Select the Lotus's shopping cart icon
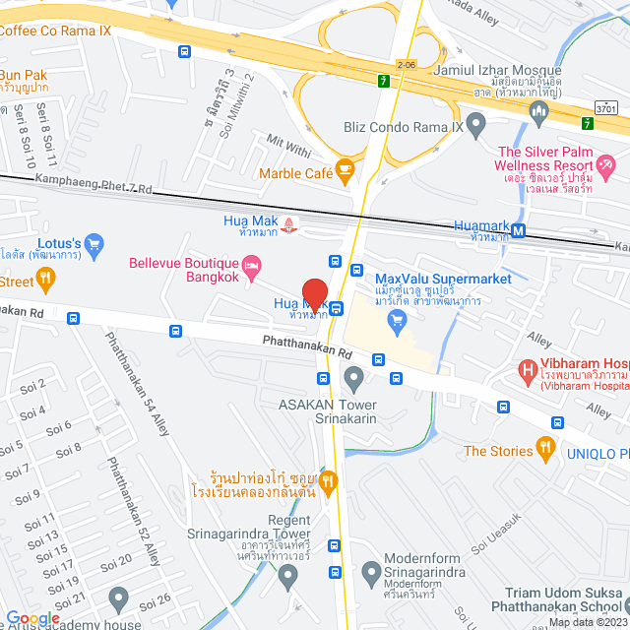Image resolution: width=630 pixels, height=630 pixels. coord(94,243)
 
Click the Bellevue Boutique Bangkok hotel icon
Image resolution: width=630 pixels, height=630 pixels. coord(253,264)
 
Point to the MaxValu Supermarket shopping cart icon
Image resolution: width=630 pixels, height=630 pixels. coord(398,319)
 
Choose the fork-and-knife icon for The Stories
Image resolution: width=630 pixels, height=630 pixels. coord(546,451)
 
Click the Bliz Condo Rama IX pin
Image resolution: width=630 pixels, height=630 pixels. coord(476,125)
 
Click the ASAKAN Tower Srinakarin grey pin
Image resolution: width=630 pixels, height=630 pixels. coord(353,375)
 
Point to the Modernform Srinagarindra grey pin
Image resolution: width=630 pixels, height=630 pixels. coord(371,571)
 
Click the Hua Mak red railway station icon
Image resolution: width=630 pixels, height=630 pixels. coord(289,224)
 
